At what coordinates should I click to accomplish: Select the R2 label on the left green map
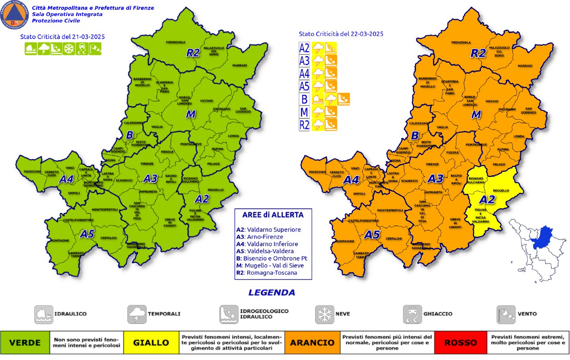tap(192, 53)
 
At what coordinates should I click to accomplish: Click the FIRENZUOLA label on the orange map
tap(461, 43)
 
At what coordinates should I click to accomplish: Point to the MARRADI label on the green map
tap(239, 65)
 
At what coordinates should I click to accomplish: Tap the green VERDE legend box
tap(25, 343)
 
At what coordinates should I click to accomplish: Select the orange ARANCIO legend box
tap(312, 343)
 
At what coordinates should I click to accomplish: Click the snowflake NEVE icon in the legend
tap(324, 314)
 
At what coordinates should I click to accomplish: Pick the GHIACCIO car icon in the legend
tap(412, 314)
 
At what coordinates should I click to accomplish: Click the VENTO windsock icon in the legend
tap(505, 314)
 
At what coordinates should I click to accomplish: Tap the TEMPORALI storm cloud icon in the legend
tap(137, 314)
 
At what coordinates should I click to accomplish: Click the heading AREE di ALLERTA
tap(273, 215)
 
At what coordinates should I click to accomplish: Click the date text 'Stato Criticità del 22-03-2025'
tap(341, 34)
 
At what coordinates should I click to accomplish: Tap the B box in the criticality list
tap(305, 99)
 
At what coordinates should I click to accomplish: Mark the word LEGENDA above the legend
tap(272, 292)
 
